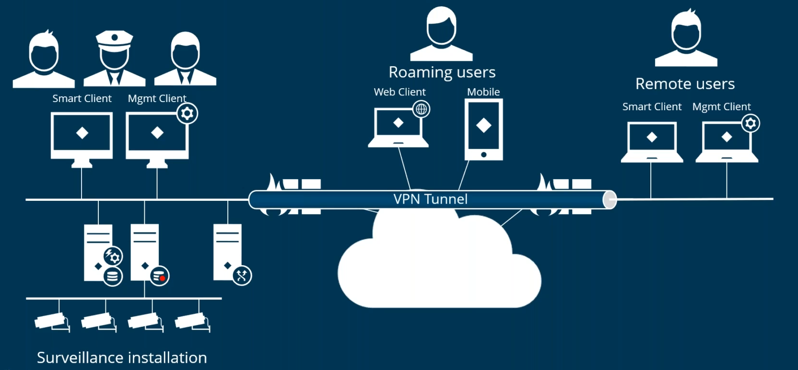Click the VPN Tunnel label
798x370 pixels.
430,199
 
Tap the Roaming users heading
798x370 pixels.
442,72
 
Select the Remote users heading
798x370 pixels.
685,84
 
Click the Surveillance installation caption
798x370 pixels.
122,358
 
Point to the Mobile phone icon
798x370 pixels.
483,129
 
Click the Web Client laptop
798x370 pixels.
398,127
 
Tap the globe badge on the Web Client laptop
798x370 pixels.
422,109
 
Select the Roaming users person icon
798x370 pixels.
442,34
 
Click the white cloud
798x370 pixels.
439,268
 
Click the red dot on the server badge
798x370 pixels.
163,278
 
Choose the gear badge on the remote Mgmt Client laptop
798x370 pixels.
751,124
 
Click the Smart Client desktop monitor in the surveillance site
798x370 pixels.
82,137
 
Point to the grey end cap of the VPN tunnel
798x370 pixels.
610,200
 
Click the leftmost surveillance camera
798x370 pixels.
51,321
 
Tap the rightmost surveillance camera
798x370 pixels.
192,321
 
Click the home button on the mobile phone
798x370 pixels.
483,155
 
